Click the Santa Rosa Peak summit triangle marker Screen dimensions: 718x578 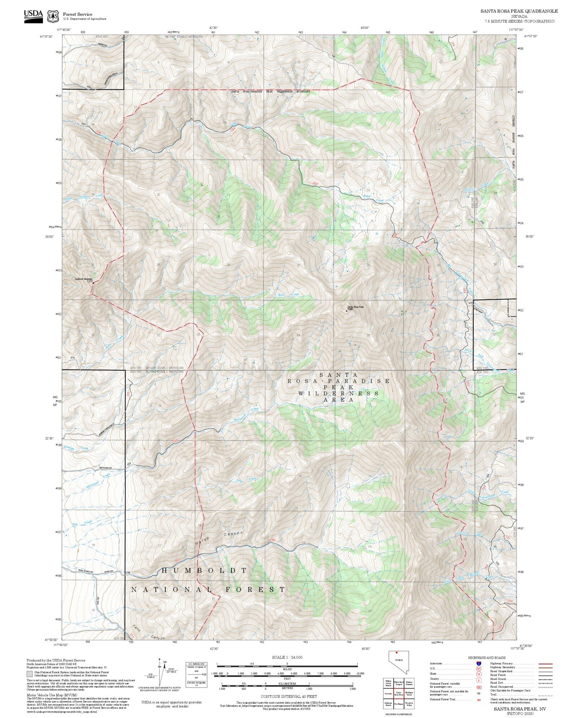[346, 310]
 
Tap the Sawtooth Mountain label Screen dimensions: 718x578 [83, 279]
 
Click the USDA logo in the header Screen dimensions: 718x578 [33, 16]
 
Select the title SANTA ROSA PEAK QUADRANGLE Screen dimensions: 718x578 [519, 11]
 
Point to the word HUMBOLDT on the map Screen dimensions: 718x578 [204, 570]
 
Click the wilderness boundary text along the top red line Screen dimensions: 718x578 [271, 92]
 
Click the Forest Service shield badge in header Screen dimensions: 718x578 [52, 16]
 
